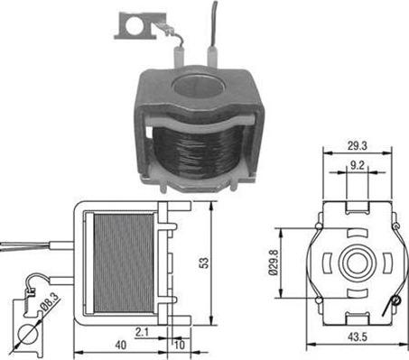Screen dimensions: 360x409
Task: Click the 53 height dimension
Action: [206, 263]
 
